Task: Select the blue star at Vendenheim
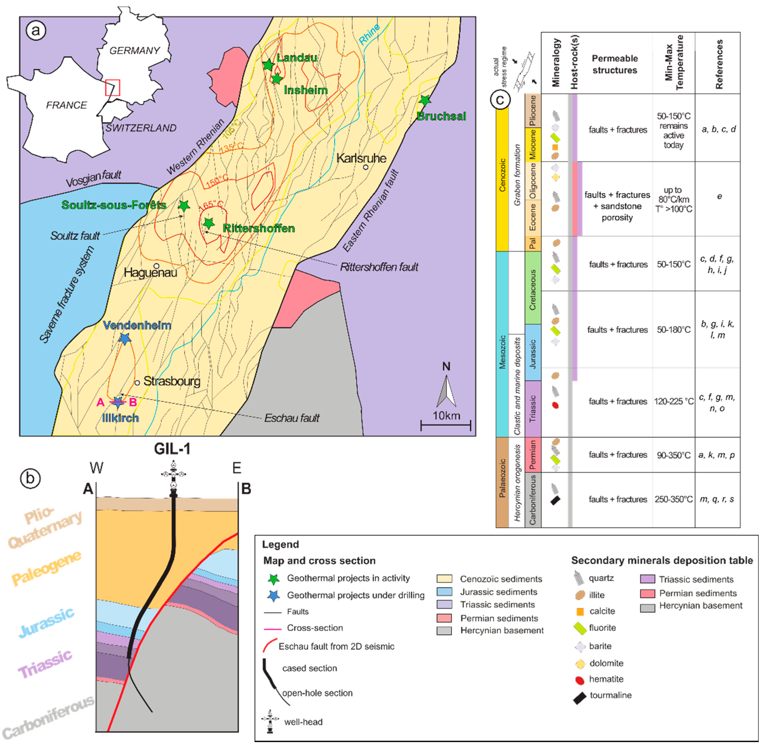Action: [x=124, y=338]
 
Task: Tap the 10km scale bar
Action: [x=445, y=425]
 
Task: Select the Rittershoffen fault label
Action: [x=379, y=267]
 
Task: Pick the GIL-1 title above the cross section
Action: [x=172, y=449]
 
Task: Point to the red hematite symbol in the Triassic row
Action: [x=555, y=405]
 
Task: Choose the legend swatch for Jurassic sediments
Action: [x=444, y=592]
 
